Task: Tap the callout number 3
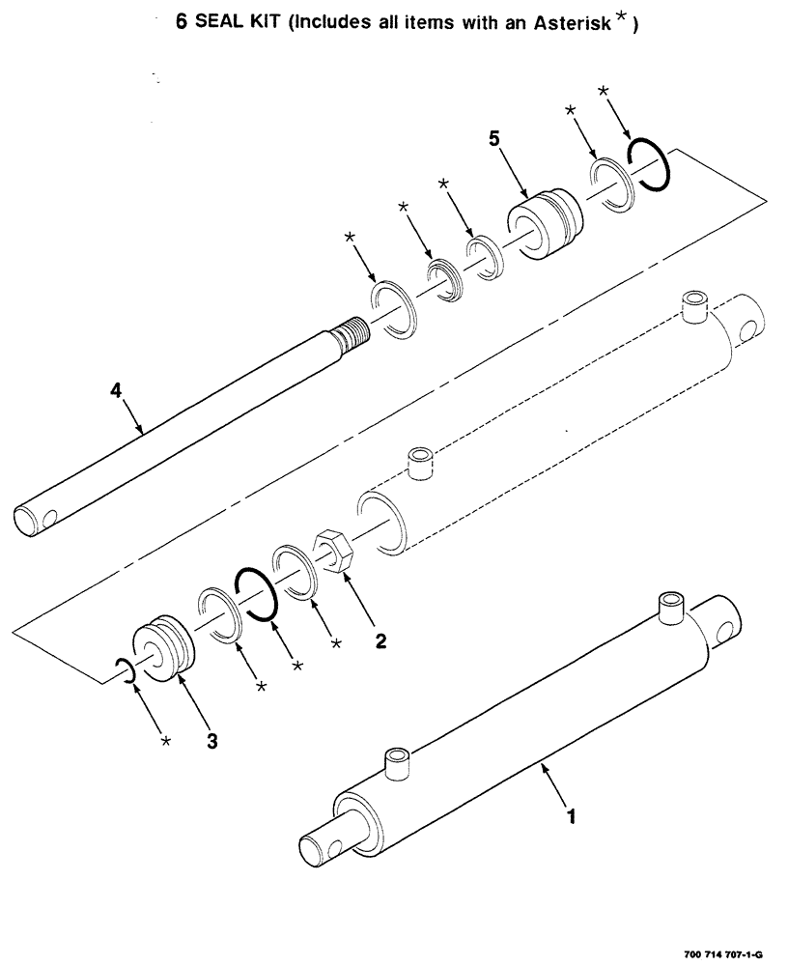tap(212, 741)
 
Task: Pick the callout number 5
tap(494, 139)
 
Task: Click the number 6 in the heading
tap(181, 24)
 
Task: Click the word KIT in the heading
tap(266, 24)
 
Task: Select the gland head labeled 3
tap(165, 643)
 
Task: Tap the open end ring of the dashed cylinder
tap(378, 521)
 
